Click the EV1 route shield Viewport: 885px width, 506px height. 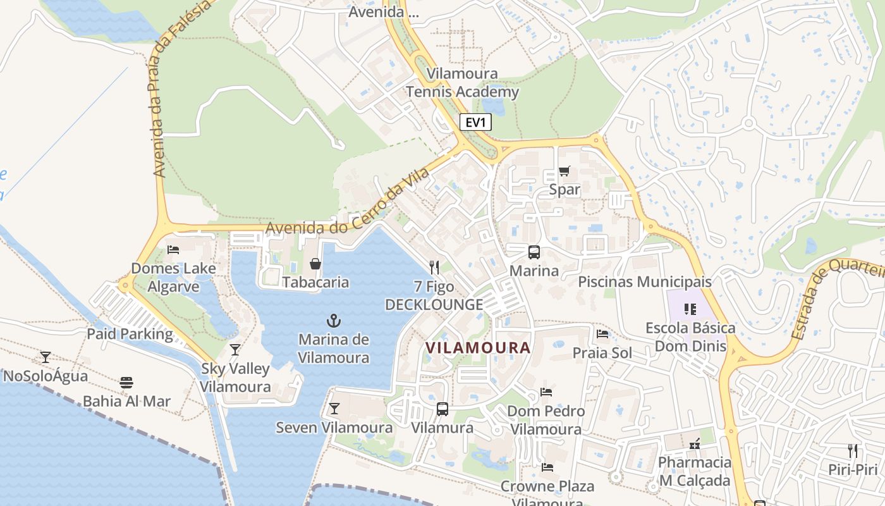pyautogui.click(x=475, y=123)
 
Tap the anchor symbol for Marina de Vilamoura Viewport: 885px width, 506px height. pyautogui.click(x=333, y=321)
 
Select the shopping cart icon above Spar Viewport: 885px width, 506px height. pyautogui.click(x=565, y=171)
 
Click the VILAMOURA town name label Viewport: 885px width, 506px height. pyautogui.click(x=478, y=348)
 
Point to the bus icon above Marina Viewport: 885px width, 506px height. pyautogui.click(x=534, y=252)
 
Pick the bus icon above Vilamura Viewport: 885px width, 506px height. pyautogui.click(x=442, y=409)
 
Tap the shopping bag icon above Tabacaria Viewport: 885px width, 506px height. pyautogui.click(x=315, y=264)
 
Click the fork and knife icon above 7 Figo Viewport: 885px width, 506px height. pyautogui.click(x=434, y=268)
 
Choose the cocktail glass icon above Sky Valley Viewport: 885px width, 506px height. pyautogui.click(x=235, y=350)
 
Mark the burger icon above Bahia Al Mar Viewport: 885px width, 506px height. pyautogui.click(x=126, y=383)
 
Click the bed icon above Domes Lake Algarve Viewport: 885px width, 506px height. pyautogui.click(x=173, y=250)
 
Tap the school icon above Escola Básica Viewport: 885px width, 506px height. pyautogui.click(x=690, y=309)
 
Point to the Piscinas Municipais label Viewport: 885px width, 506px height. pyautogui.click(x=645, y=282)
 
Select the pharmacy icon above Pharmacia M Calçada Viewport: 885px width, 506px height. pyautogui.click(x=695, y=444)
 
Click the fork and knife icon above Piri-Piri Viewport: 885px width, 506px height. pyautogui.click(x=853, y=451)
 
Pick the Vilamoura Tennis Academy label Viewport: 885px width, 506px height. pyautogui.click(x=462, y=83)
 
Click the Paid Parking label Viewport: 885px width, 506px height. pyautogui.click(x=130, y=335)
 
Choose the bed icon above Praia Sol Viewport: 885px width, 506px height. pyautogui.click(x=602, y=334)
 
